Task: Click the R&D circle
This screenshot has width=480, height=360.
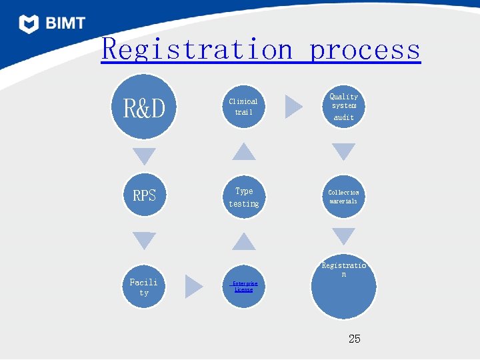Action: [x=144, y=107]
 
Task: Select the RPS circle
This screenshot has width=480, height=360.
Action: [x=144, y=196]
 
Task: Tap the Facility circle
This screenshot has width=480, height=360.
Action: [x=144, y=287]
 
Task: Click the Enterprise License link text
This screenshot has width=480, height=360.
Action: [x=243, y=287]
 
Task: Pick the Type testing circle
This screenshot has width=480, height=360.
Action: [x=244, y=197]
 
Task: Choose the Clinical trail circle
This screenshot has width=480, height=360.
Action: [x=243, y=107]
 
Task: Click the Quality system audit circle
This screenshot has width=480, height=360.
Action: [x=344, y=107]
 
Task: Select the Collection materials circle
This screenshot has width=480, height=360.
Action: [x=343, y=196]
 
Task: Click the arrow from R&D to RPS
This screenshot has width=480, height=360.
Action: [x=144, y=156]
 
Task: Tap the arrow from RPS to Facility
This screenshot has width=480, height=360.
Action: [x=144, y=240]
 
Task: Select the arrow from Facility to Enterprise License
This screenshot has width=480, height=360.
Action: [x=193, y=287]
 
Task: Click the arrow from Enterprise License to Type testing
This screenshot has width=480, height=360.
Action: [x=244, y=242]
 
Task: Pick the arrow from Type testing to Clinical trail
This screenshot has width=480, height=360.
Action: [x=244, y=152]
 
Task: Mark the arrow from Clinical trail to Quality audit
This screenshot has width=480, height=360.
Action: [x=293, y=107]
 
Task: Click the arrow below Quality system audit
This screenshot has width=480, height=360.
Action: [x=344, y=151]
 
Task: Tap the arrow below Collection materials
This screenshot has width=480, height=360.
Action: [x=344, y=236]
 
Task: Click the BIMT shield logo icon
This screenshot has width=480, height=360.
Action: [x=29, y=24]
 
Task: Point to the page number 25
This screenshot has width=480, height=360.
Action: [x=355, y=339]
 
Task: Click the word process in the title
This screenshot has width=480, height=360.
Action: [x=365, y=49]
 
